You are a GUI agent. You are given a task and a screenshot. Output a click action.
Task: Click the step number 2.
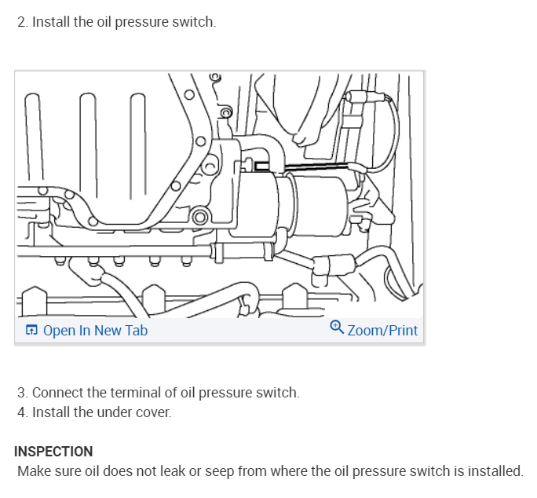click(21, 22)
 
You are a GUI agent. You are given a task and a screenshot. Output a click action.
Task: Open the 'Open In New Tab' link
click(95, 331)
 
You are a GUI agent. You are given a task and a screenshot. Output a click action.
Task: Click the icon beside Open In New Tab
click(31, 331)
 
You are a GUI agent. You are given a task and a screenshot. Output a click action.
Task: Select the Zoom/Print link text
click(382, 331)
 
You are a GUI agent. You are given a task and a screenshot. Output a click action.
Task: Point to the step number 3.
click(21, 392)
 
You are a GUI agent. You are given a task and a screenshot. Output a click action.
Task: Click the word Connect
click(57, 392)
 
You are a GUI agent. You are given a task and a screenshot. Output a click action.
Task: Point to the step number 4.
click(21, 412)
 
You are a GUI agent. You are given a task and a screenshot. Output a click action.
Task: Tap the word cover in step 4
click(155, 412)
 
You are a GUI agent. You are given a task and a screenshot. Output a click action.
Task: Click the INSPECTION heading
click(53, 452)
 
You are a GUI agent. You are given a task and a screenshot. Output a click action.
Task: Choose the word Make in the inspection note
click(33, 471)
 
